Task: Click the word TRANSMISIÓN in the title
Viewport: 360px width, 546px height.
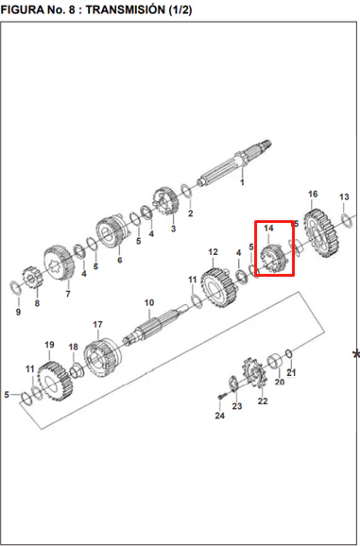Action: (126, 9)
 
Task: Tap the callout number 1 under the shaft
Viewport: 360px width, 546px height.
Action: (242, 182)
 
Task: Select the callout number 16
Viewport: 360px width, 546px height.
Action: (313, 194)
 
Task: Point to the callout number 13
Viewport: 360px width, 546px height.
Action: (344, 196)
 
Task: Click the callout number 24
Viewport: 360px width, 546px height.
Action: (220, 416)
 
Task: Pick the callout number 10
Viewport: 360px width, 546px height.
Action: (149, 302)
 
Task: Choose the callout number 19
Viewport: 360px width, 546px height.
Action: (49, 345)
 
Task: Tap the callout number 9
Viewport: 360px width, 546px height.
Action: (18, 312)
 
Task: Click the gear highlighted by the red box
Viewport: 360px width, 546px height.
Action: (275, 259)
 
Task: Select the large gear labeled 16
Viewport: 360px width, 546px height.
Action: (320, 233)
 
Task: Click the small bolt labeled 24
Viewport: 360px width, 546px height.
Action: (222, 397)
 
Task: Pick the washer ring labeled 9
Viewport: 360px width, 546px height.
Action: (15, 287)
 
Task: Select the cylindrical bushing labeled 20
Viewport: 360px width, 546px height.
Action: (275, 361)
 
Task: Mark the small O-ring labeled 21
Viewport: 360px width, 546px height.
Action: (288, 354)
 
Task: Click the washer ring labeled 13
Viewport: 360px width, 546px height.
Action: (347, 220)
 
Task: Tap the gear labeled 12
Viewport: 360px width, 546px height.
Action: (219, 287)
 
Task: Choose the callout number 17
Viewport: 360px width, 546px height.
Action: (98, 324)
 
